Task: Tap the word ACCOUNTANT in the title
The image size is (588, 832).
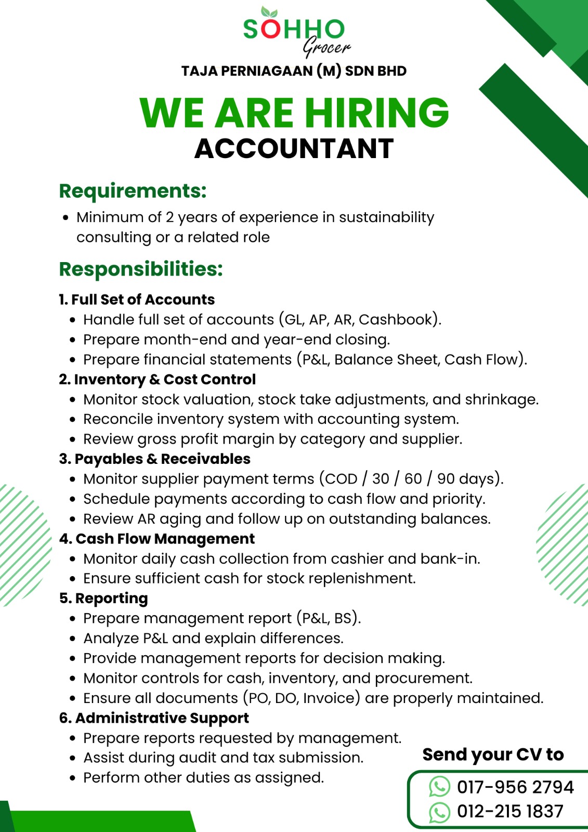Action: click(294, 149)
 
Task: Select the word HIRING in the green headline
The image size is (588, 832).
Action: click(376, 113)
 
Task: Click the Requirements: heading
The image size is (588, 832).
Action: click(133, 191)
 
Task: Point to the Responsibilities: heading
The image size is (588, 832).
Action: click(141, 269)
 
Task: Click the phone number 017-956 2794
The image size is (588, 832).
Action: click(515, 787)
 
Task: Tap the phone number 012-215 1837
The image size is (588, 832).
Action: click(510, 811)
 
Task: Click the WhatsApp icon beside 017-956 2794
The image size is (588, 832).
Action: click(439, 787)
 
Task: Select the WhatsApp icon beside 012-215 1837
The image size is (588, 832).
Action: click(439, 812)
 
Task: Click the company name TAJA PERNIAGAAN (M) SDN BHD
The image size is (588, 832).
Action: click(294, 71)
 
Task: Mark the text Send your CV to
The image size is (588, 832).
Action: click(493, 755)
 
